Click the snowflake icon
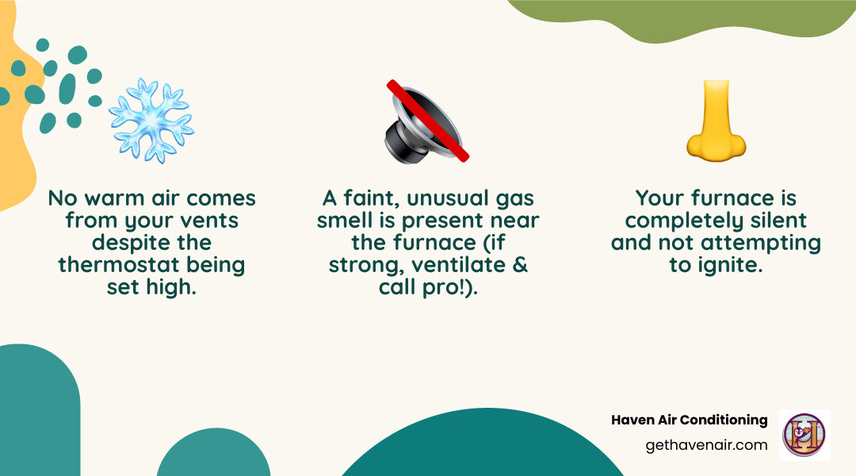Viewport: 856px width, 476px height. [151, 121]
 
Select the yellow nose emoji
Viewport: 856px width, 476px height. [716, 119]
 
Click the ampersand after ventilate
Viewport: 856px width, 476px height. [520, 264]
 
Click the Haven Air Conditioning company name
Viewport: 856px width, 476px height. [689, 420]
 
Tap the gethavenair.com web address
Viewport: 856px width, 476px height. [706, 444]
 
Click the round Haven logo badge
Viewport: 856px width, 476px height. [804, 435]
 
